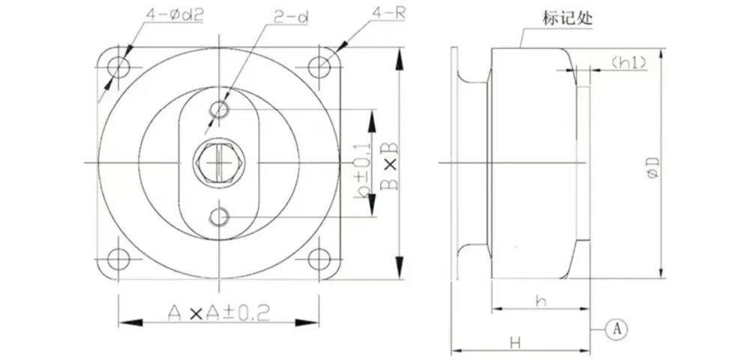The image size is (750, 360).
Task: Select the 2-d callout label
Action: click(x=290, y=18)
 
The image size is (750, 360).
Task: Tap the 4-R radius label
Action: click(x=388, y=13)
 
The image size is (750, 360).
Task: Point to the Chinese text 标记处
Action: click(x=568, y=19)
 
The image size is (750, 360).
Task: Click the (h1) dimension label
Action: click(x=628, y=62)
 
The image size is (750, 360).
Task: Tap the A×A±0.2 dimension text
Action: click(x=219, y=313)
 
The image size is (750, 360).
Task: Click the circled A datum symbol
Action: click(x=616, y=329)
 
